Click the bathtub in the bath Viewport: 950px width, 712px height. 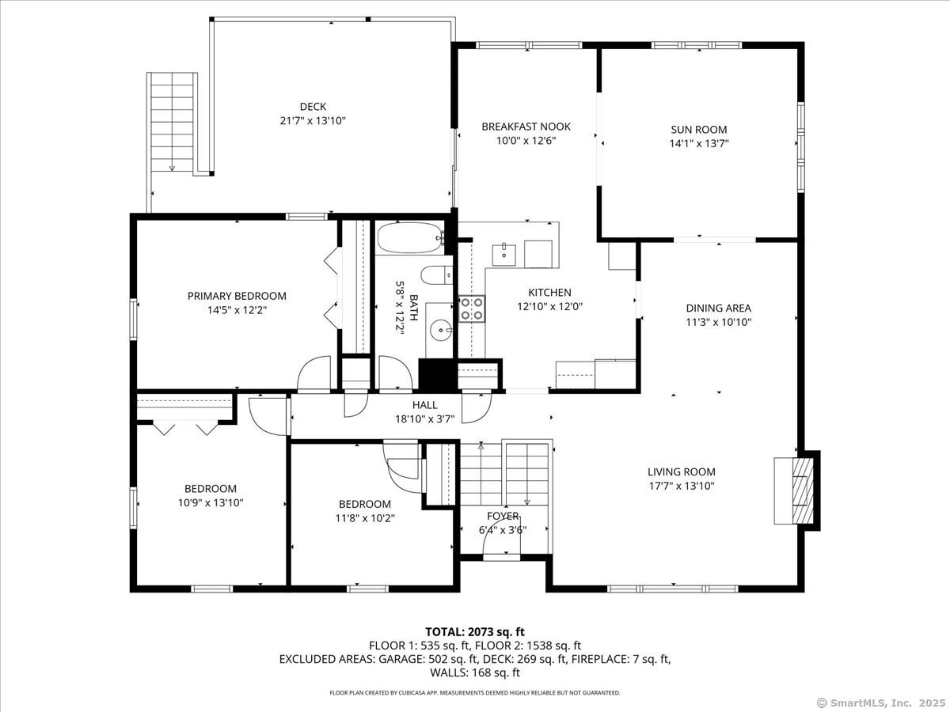[x=410, y=237]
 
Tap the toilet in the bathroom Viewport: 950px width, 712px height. [x=437, y=275]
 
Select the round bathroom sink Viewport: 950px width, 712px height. [x=441, y=330]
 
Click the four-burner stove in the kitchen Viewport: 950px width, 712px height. [x=472, y=309]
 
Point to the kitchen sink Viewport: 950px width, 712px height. [x=504, y=255]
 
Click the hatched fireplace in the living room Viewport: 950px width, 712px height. [x=803, y=490]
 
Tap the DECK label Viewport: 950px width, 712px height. [x=313, y=107]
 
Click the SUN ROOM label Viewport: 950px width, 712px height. [x=699, y=129]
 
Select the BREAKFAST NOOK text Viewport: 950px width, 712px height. [x=526, y=127]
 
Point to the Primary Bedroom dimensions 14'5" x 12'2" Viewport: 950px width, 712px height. [x=237, y=310]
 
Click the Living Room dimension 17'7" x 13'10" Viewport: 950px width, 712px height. [x=682, y=486]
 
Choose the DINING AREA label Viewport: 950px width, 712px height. [x=719, y=309]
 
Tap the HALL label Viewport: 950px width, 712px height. [x=424, y=405]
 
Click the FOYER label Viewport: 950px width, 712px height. [x=503, y=516]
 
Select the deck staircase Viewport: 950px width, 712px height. [x=173, y=123]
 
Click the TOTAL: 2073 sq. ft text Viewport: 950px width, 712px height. [x=475, y=632]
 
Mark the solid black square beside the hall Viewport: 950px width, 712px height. [x=438, y=375]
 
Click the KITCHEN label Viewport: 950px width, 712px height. [x=549, y=293]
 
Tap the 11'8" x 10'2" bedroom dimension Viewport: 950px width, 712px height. [x=365, y=518]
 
